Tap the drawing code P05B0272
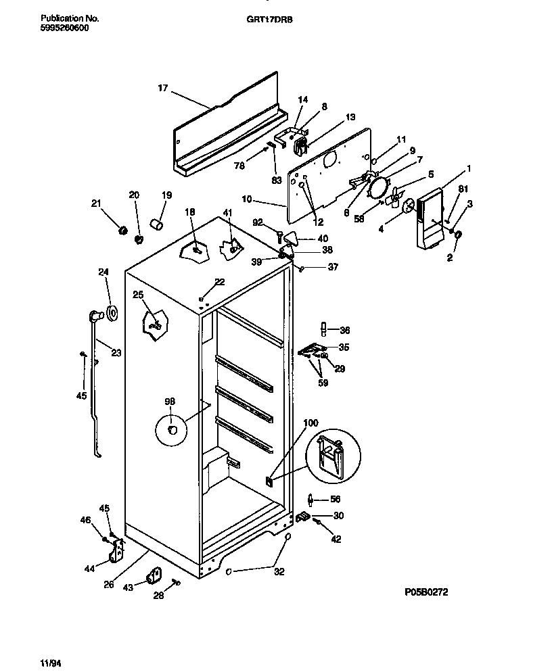pos(426,592)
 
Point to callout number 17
pos(162,88)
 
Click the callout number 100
pos(310,423)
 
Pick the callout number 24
pos(103,272)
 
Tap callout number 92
pos(258,221)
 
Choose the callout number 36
pos(344,331)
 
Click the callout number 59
pos(324,383)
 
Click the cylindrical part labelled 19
pos(157,224)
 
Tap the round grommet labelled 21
pos(123,231)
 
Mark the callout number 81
pos(463,189)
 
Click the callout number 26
pos(109,585)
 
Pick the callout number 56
pos(335,500)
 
